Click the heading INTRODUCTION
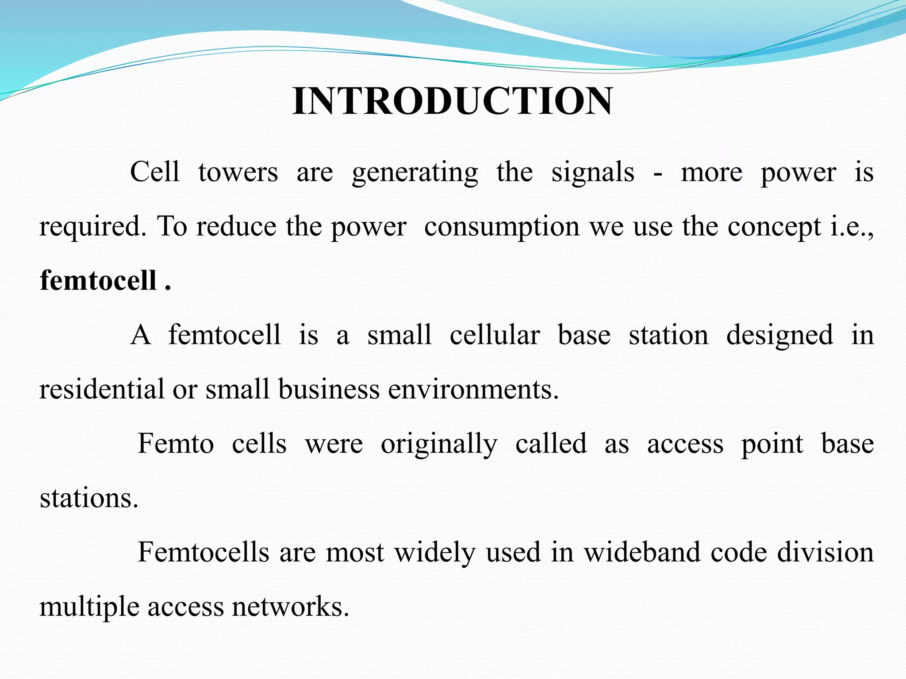[x=453, y=102]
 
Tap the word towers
[x=238, y=172]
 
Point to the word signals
[x=593, y=172]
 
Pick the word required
[x=93, y=227]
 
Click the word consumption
[x=502, y=227]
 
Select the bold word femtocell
[x=98, y=281]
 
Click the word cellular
[x=495, y=335]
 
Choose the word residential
[x=102, y=389]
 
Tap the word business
[x=329, y=389]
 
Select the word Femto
[x=176, y=444]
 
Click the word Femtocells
[x=203, y=553]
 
